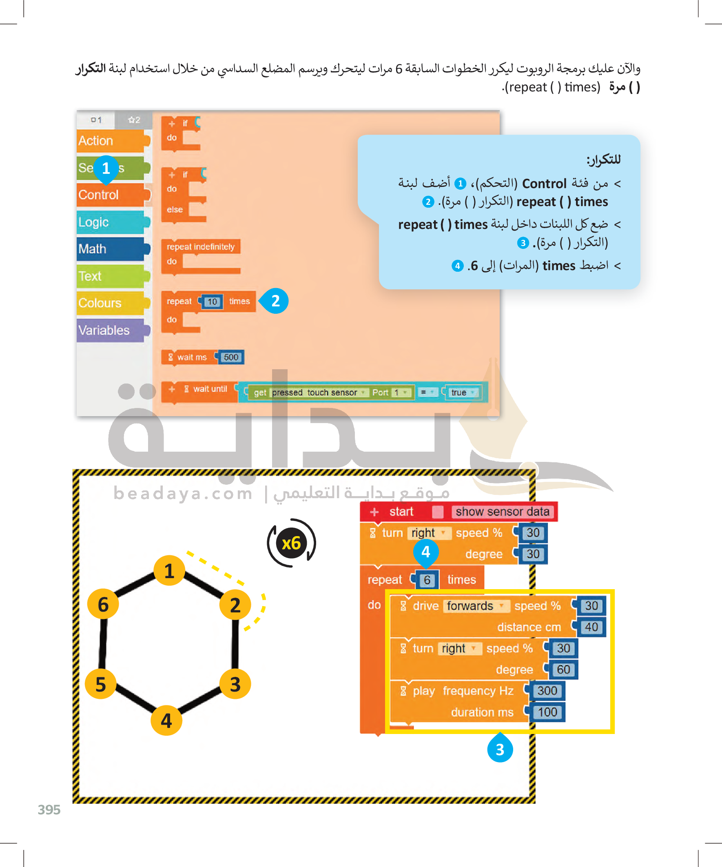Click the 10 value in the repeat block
[x=212, y=302]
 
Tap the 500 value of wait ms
[x=231, y=357]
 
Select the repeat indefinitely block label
[x=201, y=247]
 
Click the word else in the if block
[x=175, y=210]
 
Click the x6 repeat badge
[x=291, y=543]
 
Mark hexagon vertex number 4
[x=166, y=721]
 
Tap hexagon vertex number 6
[x=103, y=604]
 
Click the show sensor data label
[x=503, y=512]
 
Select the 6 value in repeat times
[x=427, y=581]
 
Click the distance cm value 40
[x=591, y=627]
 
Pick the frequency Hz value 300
[x=547, y=691]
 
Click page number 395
[x=49, y=809]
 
